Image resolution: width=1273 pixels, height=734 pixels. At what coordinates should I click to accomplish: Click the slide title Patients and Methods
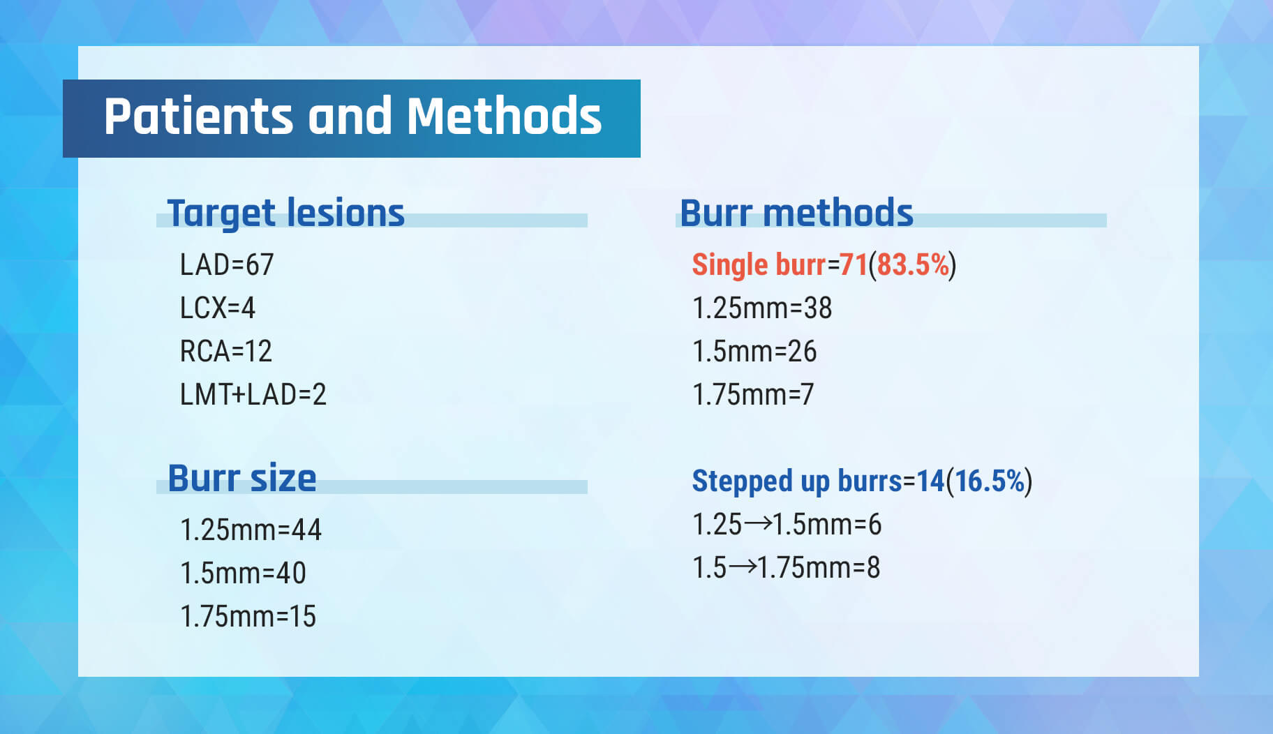pos(352,116)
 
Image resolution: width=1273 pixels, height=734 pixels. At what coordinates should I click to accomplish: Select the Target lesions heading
pos(286,213)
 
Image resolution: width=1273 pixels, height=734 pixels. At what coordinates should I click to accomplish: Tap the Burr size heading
pos(242,479)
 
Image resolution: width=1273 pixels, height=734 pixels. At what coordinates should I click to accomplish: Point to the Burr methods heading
pos(796,213)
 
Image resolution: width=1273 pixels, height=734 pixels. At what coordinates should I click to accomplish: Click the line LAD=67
pos(227,265)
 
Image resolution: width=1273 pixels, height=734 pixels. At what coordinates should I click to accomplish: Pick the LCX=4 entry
pos(218,308)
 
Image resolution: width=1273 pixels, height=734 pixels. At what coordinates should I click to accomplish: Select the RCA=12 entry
pos(226,352)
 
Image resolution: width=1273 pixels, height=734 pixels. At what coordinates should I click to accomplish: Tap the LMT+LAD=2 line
pos(253,395)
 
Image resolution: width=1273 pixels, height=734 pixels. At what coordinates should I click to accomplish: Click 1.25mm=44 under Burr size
pos(251,530)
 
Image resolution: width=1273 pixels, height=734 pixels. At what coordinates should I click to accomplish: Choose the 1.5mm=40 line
pos(243,574)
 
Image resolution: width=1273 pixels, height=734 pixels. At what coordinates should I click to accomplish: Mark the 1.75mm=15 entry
pos(248,617)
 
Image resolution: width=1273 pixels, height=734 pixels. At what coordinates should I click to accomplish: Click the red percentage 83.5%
pos(914,265)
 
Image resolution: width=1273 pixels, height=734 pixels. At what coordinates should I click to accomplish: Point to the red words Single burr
pos(759,265)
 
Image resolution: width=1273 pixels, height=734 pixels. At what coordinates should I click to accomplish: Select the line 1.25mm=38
pos(762,308)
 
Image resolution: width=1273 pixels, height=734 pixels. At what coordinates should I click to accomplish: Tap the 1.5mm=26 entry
pos(754,352)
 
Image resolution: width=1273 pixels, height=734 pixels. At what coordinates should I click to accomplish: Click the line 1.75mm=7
pos(753,395)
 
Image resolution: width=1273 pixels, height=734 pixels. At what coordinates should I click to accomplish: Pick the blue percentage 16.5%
pos(990,481)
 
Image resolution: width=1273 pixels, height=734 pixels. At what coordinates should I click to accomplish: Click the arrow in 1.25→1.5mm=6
pos(758,523)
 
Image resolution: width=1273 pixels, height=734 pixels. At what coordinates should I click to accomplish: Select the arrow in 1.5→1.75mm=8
pos(743,567)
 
